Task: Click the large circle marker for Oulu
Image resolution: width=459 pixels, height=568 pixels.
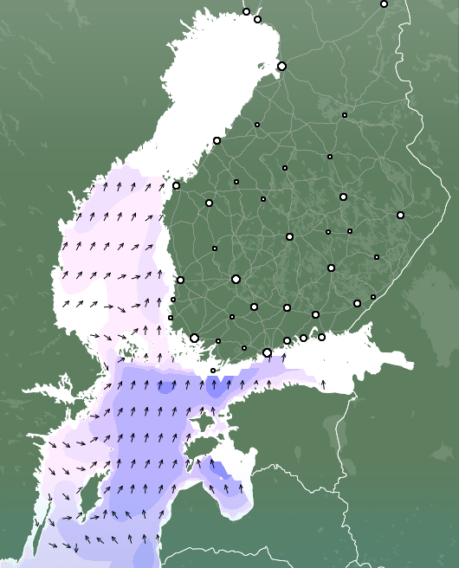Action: click(x=281, y=66)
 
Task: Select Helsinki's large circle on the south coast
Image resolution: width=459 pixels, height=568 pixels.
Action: click(x=267, y=352)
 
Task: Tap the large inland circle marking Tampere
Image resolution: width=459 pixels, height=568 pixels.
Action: click(x=236, y=279)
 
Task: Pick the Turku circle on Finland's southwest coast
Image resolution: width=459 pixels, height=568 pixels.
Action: click(x=194, y=338)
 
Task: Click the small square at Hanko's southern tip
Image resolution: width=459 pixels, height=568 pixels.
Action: click(x=213, y=371)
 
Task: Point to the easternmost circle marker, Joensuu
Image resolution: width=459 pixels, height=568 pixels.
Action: click(x=400, y=215)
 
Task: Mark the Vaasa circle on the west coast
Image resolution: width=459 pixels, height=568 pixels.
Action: click(x=176, y=185)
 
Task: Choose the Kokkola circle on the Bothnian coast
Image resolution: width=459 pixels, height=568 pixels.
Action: click(x=217, y=140)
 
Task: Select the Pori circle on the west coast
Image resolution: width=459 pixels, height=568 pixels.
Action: click(x=180, y=280)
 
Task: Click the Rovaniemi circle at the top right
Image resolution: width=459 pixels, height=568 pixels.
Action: click(x=384, y=3)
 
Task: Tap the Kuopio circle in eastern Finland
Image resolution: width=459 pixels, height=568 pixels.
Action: click(x=343, y=197)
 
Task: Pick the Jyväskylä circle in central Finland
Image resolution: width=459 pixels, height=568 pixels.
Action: click(x=289, y=236)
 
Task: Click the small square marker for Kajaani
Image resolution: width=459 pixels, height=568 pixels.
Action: click(x=344, y=114)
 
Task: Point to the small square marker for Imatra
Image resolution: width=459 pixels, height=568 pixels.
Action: click(x=373, y=297)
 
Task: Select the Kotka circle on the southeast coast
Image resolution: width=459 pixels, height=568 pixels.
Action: click(x=321, y=337)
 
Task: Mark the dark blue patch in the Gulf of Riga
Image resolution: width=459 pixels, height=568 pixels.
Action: click(x=221, y=472)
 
